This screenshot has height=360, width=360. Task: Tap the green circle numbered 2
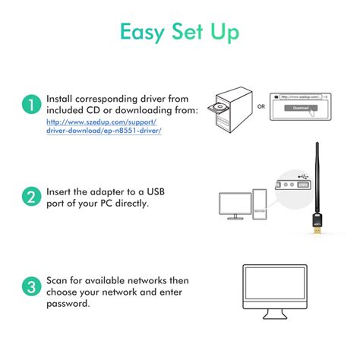30,197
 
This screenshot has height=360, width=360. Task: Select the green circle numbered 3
30,287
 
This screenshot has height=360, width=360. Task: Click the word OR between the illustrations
261,106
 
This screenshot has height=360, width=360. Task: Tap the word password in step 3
69,303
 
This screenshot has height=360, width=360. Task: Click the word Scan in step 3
58,280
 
